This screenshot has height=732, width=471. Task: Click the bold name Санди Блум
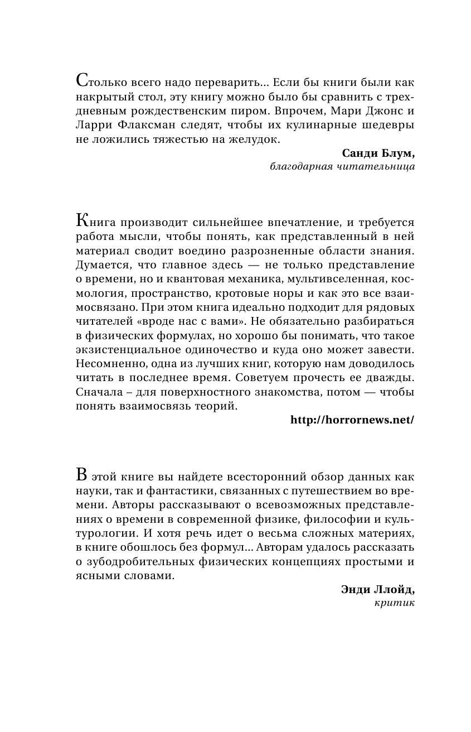pos(377,153)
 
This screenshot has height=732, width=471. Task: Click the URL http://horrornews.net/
pos(352,420)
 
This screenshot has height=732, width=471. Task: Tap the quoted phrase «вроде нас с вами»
pos(202,321)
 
